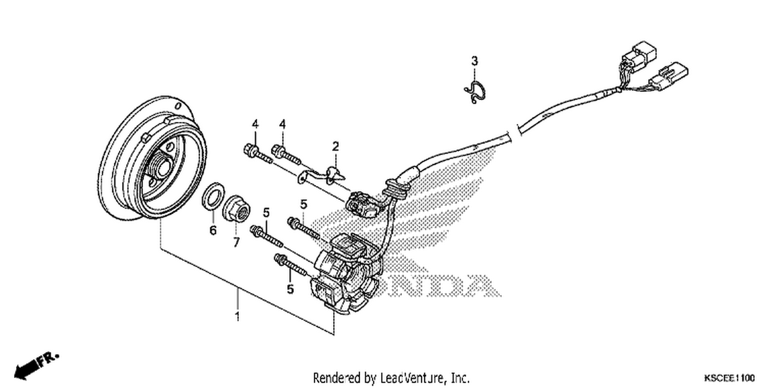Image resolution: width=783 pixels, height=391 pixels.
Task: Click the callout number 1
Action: [238, 316]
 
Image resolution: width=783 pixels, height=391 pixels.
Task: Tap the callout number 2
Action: [336, 146]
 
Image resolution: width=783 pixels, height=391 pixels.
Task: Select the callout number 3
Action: [474, 61]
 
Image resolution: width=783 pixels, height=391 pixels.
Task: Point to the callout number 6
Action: [213, 230]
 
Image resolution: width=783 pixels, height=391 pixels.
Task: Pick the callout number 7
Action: [236, 242]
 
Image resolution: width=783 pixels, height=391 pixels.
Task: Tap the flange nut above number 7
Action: [236, 210]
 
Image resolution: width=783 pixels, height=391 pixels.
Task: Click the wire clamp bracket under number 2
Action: [322, 175]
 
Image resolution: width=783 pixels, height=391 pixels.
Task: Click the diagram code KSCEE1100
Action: [729, 378]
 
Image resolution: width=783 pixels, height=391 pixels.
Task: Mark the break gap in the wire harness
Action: [514, 132]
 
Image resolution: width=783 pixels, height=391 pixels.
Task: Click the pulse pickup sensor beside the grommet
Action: [363, 204]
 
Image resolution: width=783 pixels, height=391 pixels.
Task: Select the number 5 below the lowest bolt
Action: [290, 289]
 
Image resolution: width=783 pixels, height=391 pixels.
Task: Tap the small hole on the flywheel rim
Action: [179, 106]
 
